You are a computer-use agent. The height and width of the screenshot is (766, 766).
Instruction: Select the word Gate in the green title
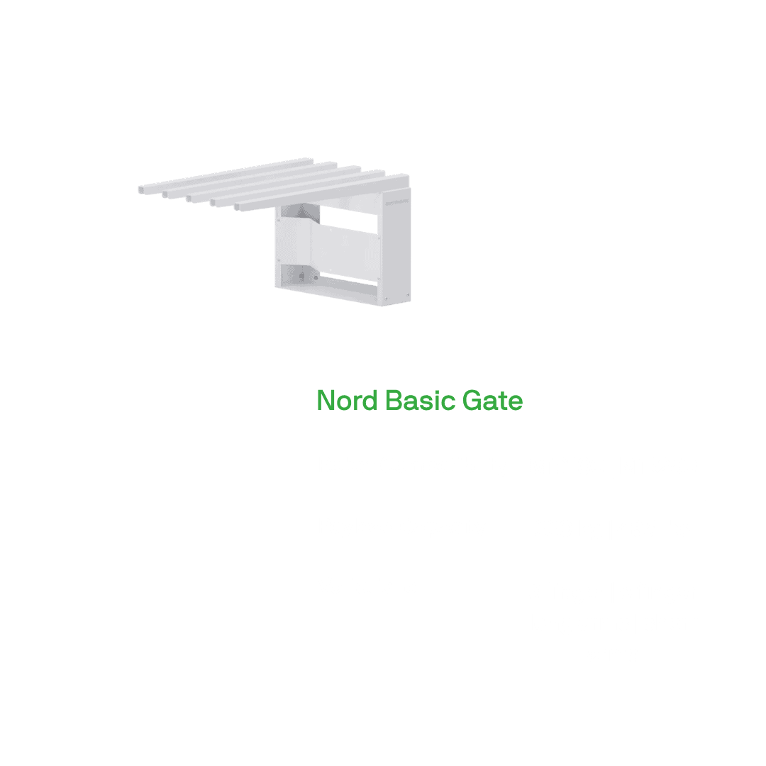(493, 401)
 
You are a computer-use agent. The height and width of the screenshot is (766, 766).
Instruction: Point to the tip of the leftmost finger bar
(142, 190)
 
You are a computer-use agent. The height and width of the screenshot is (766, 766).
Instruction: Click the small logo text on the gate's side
(396, 201)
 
